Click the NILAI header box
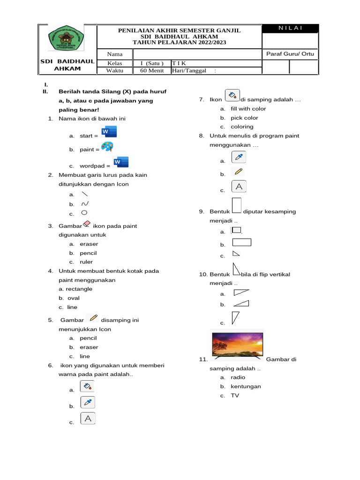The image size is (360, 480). [291, 29]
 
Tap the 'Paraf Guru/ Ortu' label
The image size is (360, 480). [290, 54]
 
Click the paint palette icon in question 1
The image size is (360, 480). [107, 147]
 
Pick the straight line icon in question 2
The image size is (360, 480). [84, 194]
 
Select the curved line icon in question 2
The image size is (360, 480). [84, 204]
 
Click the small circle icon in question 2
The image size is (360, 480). [84, 213]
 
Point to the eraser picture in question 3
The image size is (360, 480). [86, 225]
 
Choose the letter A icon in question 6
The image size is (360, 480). [88, 419]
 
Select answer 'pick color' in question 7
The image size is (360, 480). [244, 118]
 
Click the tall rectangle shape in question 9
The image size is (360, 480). [237, 206]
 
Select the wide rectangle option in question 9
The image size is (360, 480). [242, 242]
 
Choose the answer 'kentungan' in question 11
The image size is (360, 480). [246, 386]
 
